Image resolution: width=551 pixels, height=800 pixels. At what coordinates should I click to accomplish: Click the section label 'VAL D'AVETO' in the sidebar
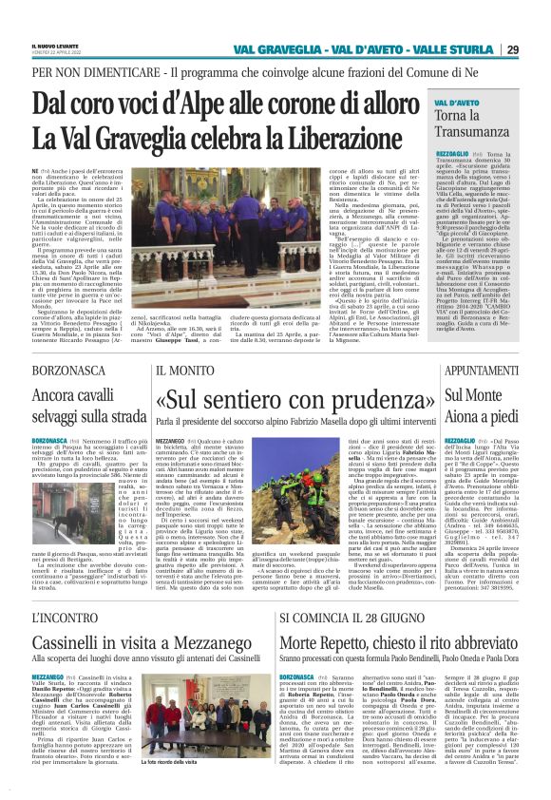click(x=458, y=101)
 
